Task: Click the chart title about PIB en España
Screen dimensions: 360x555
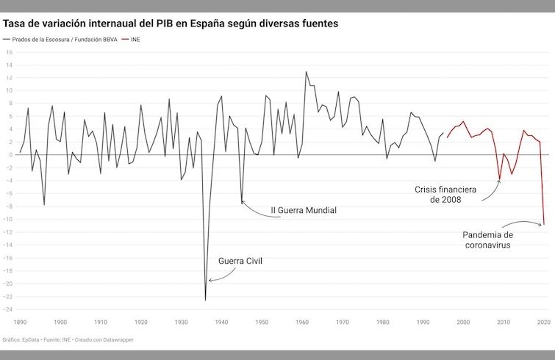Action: coord(171,24)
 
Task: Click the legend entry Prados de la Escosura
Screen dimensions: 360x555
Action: coord(64,40)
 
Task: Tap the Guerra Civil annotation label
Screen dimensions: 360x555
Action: coord(240,261)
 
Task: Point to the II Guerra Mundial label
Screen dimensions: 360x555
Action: coord(304,210)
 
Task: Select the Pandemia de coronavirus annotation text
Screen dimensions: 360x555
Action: coord(492,240)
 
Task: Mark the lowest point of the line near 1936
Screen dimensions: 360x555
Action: coord(205,300)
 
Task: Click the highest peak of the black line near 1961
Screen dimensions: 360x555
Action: coord(306,72)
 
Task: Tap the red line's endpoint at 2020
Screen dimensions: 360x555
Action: coord(544,224)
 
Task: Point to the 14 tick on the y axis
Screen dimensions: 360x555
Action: coord(10,65)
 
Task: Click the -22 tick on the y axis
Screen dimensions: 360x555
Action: coord(10,297)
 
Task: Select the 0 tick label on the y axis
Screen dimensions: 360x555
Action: coord(11,155)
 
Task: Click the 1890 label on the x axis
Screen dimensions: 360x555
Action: coord(20,322)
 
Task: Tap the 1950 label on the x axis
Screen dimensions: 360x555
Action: coord(262,322)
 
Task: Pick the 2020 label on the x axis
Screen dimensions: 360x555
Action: coord(543,322)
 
